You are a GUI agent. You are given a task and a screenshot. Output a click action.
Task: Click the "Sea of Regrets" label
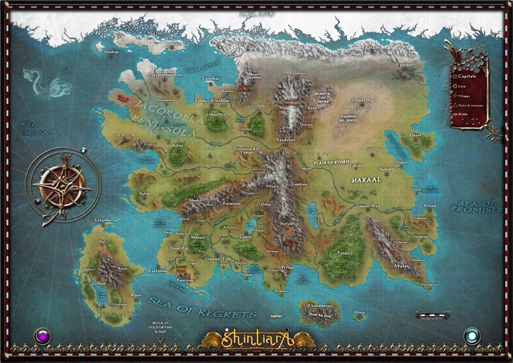[x=203, y=306]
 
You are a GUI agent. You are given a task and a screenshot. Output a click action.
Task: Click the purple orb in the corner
[x=43, y=336]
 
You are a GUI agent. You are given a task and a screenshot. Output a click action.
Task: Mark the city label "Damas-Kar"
[x=367, y=205]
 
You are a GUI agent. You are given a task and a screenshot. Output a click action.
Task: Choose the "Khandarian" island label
[x=321, y=306]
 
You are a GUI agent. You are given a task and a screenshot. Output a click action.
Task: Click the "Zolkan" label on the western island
[x=98, y=283]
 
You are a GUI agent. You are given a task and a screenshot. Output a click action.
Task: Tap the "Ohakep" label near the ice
[x=111, y=52]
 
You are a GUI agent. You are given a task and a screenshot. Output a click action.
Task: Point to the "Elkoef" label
[x=415, y=136]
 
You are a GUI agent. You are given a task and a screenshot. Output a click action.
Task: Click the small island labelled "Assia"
[x=360, y=312]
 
